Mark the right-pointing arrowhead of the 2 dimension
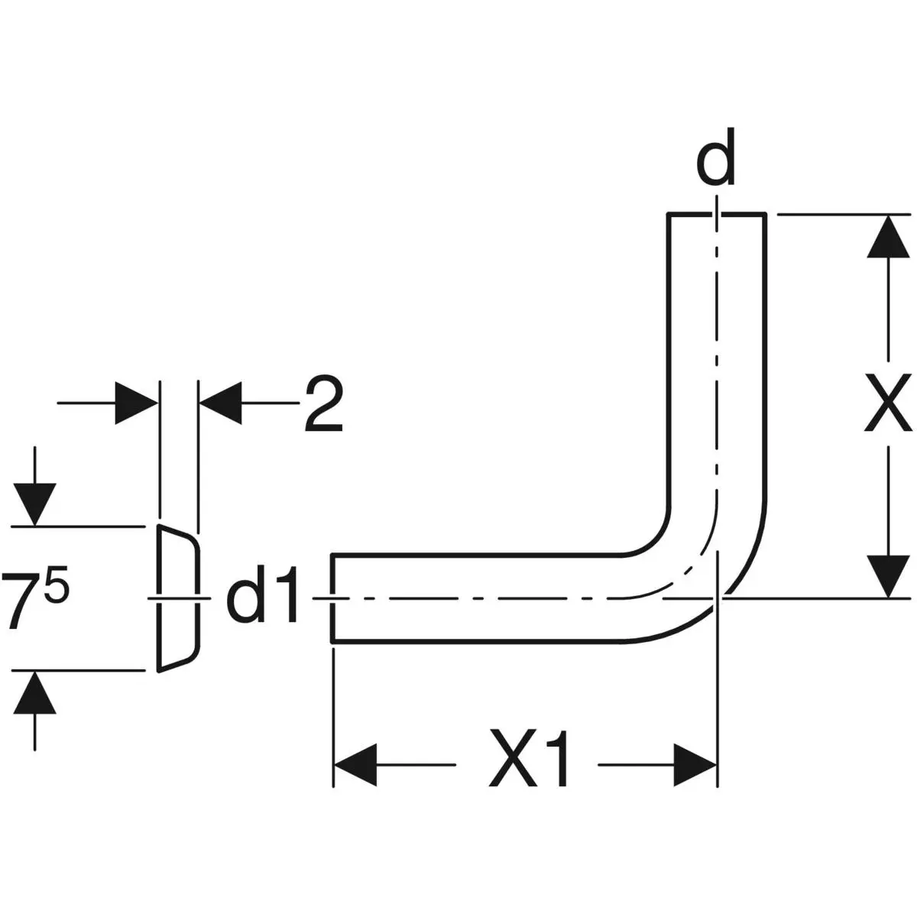(136, 403)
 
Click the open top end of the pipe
(717, 215)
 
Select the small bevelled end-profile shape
(178, 598)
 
